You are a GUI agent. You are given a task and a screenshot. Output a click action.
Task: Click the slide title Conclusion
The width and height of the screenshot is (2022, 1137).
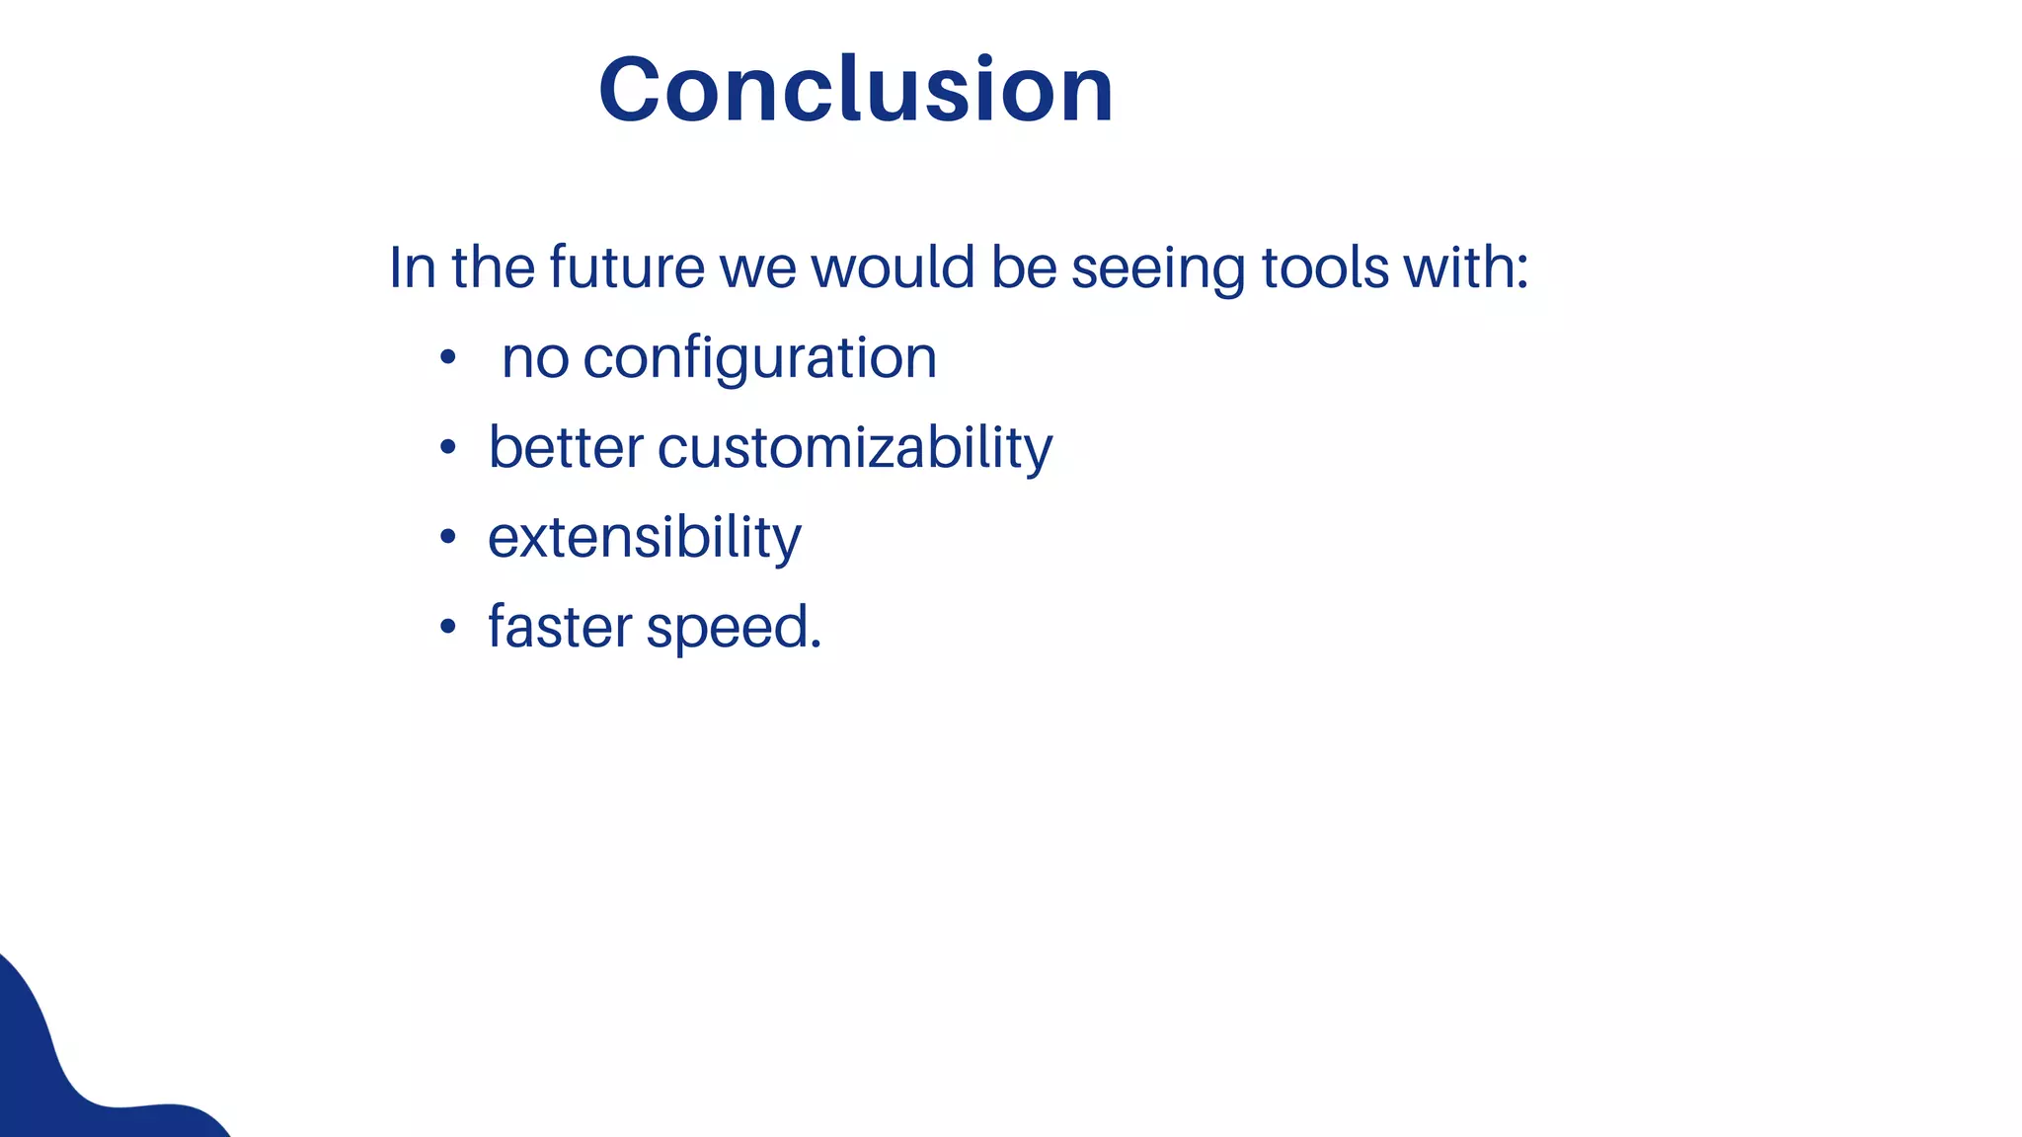[x=856, y=90]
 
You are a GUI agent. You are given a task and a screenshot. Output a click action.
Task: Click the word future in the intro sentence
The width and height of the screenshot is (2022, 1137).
[x=626, y=267]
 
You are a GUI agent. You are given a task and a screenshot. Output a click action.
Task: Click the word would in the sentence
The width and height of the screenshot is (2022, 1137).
[x=893, y=267]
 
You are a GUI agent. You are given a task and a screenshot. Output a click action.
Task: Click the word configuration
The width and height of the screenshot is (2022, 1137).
[x=759, y=358]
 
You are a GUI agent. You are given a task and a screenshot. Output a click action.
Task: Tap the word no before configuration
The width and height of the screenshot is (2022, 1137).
[x=535, y=358]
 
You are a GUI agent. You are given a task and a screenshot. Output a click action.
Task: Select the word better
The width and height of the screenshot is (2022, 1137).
[x=566, y=447]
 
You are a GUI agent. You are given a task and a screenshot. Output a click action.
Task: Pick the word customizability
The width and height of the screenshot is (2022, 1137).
[x=855, y=449]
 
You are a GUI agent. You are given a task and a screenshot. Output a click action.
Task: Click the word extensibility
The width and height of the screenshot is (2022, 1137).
[x=645, y=538]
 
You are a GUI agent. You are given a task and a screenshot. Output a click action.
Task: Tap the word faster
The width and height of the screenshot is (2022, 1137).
[x=560, y=627]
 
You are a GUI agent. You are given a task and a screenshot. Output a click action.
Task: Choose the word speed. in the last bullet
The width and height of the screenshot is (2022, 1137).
[x=734, y=629]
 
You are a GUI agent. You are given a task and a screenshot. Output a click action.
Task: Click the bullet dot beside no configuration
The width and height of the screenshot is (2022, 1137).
[x=448, y=358]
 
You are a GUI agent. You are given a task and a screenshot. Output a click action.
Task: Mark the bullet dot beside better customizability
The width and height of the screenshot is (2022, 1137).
[x=448, y=448]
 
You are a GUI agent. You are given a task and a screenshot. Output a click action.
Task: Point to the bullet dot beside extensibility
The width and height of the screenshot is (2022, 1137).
[x=448, y=538]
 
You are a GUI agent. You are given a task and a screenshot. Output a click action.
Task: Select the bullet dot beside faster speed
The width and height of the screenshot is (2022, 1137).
[x=448, y=627]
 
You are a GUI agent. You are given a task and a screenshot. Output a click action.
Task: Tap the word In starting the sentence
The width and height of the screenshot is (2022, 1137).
[x=412, y=267]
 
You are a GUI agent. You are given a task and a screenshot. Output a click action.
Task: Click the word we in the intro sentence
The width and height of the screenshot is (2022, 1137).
[x=757, y=269]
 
